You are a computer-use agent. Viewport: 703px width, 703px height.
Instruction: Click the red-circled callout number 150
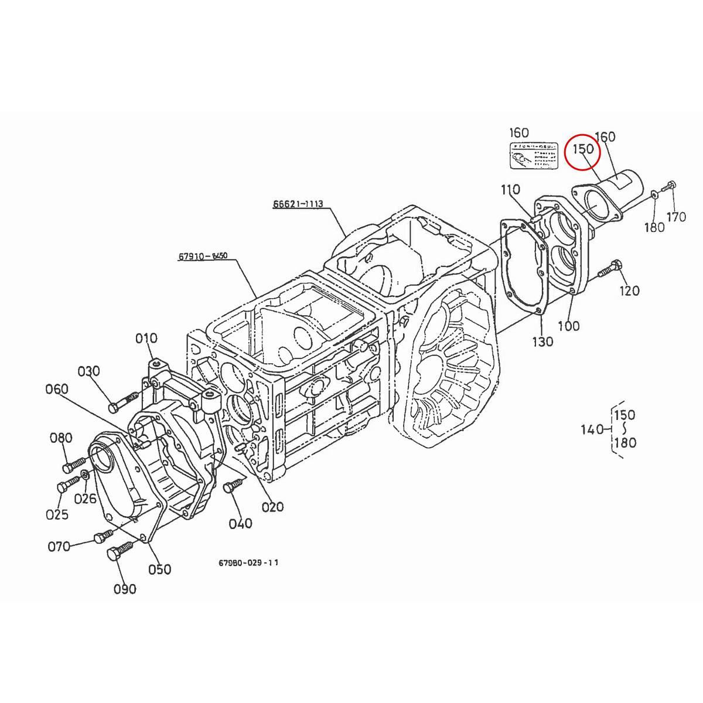tap(583, 149)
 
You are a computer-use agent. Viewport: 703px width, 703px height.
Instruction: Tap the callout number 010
tap(146, 338)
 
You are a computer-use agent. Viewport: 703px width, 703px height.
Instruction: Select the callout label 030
tap(89, 371)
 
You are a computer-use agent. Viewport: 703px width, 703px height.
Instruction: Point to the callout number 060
tap(57, 390)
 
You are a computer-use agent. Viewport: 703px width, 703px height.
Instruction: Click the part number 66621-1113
tap(298, 204)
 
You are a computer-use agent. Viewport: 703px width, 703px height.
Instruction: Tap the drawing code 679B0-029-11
tap(248, 562)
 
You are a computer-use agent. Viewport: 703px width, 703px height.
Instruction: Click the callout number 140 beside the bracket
tap(592, 430)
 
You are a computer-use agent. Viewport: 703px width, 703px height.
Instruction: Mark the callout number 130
tap(542, 341)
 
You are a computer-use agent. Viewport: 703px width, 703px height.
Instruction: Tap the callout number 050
tap(159, 569)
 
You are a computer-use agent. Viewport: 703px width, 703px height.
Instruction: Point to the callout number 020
tap(272, 507)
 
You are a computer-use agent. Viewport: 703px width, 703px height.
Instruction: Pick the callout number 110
tap(510, 190)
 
